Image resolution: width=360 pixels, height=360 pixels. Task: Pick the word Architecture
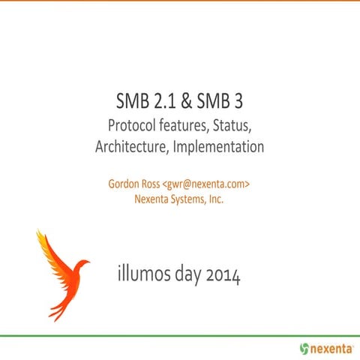click(x=131, y=147)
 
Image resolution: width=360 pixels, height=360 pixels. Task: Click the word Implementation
click(x=218, y=147)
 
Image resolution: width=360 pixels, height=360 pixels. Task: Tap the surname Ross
click(x=157, y=183)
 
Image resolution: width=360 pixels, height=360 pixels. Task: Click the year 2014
click(x=224, y=276)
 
